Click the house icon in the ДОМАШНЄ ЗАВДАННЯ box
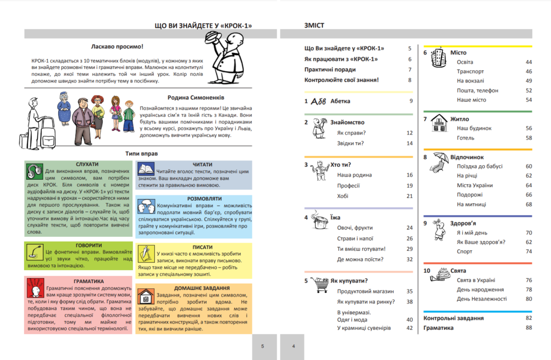[x=145, y=295]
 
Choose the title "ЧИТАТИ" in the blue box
[x=201, y=164]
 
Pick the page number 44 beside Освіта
[x=528, y=62]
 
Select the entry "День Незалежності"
[x=482, y=299]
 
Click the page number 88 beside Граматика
[x=528, y=328]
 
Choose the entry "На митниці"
[x=471, y=204]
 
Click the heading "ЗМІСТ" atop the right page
[x=315, y=25]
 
